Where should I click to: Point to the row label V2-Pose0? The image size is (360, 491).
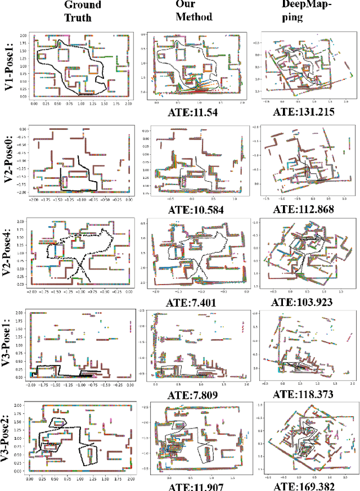12,161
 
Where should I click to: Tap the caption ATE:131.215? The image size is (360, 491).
304,112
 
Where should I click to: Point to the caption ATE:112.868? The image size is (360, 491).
304,210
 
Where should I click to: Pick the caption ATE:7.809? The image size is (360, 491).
193,396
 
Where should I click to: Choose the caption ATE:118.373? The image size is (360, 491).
304,396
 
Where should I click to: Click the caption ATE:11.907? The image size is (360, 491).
193,485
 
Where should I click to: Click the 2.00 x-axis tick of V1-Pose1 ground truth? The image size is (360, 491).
128,104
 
